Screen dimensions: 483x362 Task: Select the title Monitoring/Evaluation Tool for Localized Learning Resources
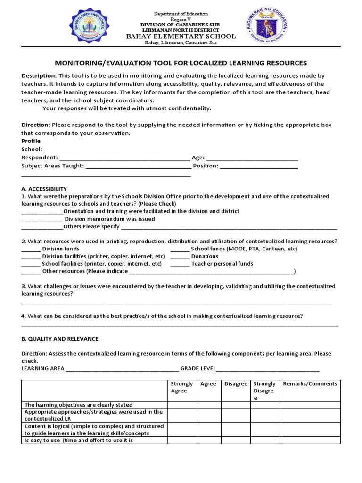tap(181, 63)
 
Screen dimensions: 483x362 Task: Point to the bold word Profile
tap(31, 141)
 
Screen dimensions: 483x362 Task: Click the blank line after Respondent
tap(124, 158)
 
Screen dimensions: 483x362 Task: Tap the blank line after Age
tap(252, 158)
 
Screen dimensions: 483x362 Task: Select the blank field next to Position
tap(259, 166)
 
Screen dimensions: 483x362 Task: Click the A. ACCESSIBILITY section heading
tap(44, 189)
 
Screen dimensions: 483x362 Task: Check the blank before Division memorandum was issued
tap(42, 219)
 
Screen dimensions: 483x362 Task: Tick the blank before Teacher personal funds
tap(180, 264)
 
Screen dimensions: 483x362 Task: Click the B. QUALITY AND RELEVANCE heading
tap(60, 339)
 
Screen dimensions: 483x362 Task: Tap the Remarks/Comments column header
tap(310, 384)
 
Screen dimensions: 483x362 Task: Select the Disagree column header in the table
tap(236, 384)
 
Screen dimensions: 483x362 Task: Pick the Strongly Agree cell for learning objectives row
tap(182, 405)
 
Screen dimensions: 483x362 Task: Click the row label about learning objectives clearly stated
tap(78, 405)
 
